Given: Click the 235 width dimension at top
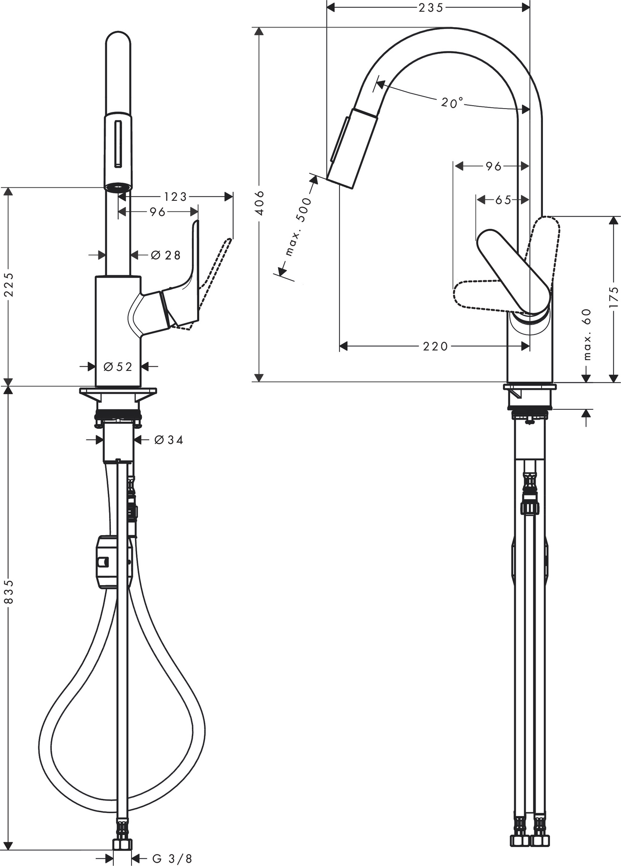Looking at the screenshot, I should pyautogui.click(x=430, y=7).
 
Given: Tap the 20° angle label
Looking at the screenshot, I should pyautogui.click(x=452, y=103).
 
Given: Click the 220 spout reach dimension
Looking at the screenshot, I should pyautogui.click(x=435, y=346).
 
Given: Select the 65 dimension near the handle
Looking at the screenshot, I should pyautogui.click(x=503, y=200).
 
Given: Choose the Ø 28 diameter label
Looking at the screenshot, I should pyautogui.click(x=166, y=255).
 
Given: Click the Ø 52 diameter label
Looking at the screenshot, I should pyautogui.click(x=118, y=367).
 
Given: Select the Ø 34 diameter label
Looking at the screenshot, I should pyautogui.click(x=168, y=440).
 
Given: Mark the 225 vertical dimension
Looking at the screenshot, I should pyautogui.click(x=9, y=284).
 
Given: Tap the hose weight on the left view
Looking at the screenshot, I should pyautogui.click(x=107, y=561).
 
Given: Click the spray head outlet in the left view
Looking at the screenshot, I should pyautogui.click(x=118, y=187).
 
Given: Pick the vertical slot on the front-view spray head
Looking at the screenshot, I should pyautogui.click(x=118, y=144).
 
